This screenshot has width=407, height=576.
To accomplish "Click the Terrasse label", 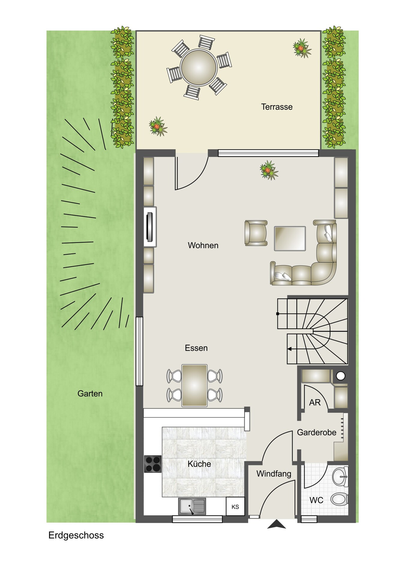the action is coord(277,107).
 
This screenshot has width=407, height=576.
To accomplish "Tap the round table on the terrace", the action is coord(199,67).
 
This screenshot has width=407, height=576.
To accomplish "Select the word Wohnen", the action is coord(203,245).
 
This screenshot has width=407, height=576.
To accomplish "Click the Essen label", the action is coord(196,348).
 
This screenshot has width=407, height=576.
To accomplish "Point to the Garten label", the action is coord(90,394).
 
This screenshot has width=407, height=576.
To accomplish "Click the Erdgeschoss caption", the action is coord(76,535).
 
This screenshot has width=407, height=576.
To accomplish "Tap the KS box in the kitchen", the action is coord(235,507).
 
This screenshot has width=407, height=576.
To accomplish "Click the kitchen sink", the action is coord(192,506).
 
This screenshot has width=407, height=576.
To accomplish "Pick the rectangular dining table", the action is coord(194,385).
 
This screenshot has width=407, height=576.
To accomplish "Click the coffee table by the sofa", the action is coord(290,238).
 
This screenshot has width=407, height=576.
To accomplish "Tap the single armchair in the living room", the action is coord(256,233).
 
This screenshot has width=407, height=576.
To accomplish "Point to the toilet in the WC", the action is coord(339,499).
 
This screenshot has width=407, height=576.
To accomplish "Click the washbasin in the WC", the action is coord(340,476).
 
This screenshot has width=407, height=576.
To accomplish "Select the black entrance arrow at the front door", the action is coord(276,525).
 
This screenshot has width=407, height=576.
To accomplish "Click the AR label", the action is coord(315,403).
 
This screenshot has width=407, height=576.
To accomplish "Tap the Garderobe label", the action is coord(316,432).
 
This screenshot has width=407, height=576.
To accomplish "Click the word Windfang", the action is coord(274,474).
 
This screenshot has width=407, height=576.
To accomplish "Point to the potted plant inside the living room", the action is coord(269,170).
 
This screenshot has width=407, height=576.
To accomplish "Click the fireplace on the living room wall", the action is coord(150,227).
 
